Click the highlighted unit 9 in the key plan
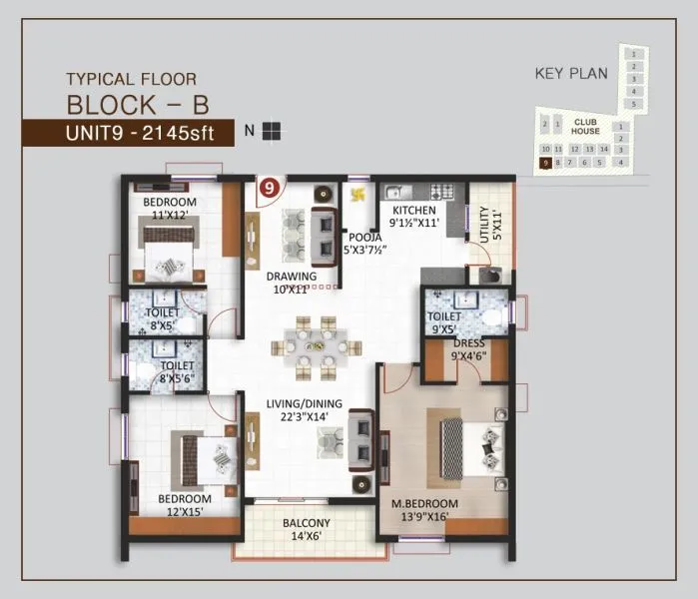click(545, 162)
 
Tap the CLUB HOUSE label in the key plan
click(585, 126)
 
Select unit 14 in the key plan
click(605, 149)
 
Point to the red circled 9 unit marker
click(269, 186)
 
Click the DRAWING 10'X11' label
click(291, 283)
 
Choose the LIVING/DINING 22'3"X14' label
click(305, 410)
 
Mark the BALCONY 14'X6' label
click(306, 529)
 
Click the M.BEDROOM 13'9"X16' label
click(424, 509)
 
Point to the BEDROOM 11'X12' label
click(170, 209)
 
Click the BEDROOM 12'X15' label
click(184, 505)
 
